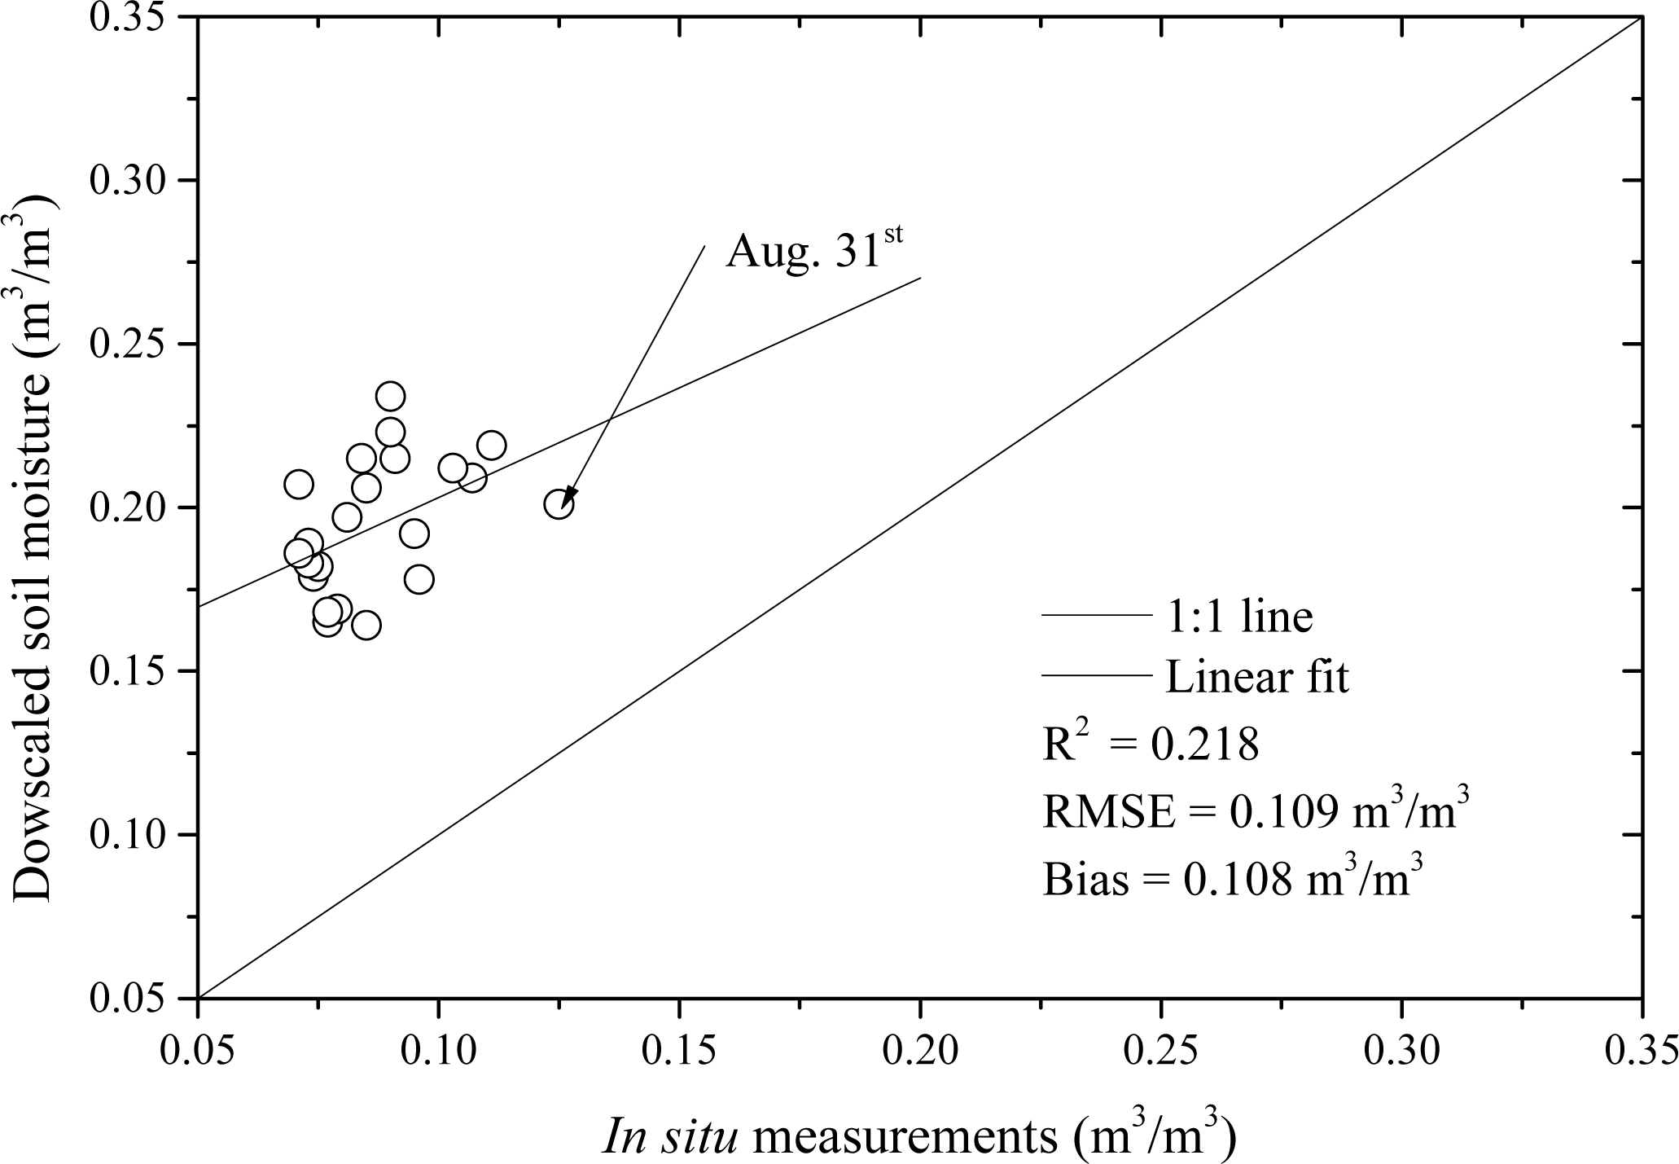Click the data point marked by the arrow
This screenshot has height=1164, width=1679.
coord(559,505)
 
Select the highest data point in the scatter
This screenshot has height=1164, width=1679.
coord(391,397)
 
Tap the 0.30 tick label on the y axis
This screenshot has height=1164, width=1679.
coord(131,181)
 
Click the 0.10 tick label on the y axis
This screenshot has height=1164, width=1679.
coord(131,835)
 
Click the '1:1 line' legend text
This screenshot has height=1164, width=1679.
coord(1238,617)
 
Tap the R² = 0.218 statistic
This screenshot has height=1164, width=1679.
coord(1151,744)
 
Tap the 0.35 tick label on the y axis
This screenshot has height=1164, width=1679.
coord(131,18)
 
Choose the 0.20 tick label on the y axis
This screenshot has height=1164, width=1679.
coord(131,508)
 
